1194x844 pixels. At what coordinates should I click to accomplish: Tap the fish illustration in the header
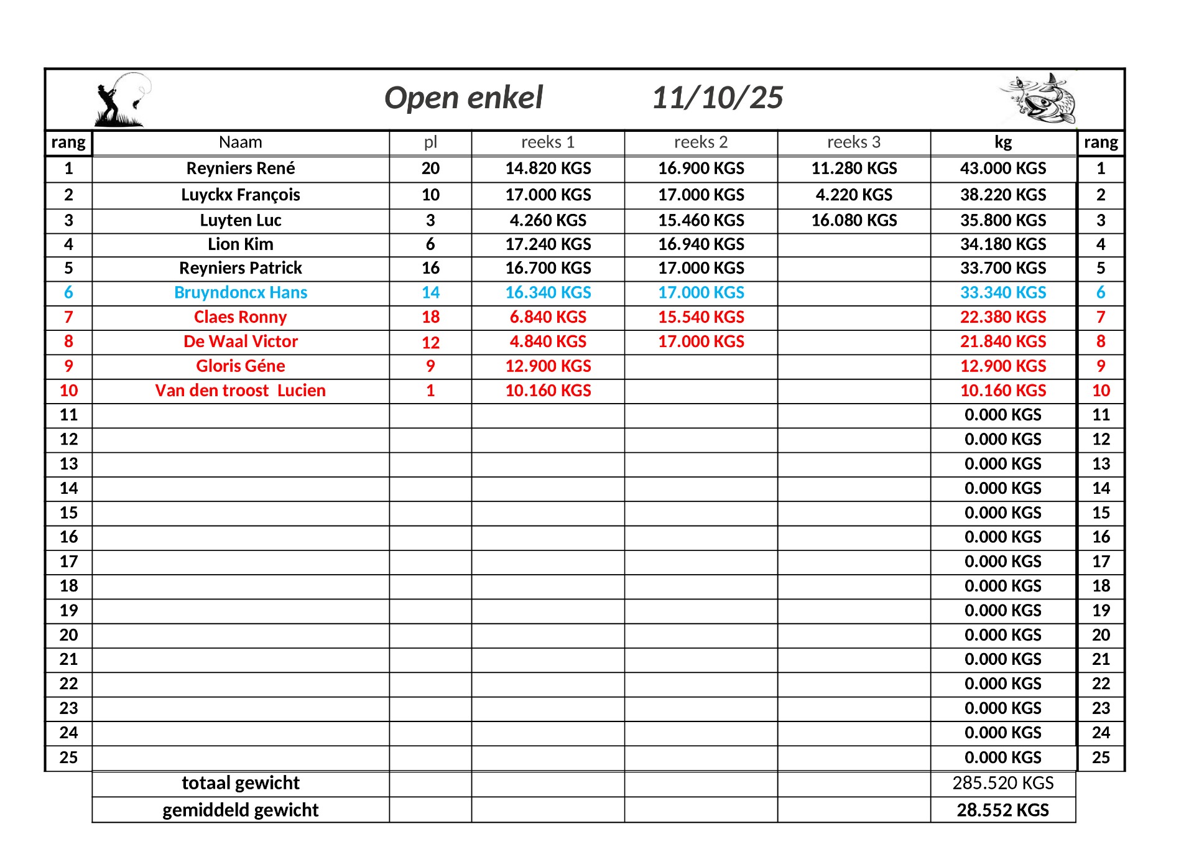[x=1038, y=99]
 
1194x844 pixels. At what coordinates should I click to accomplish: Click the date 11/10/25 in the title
[x=717, y=98]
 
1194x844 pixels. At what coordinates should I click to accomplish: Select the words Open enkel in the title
[x=463, y=98]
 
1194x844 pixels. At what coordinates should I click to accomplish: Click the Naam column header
[x=240, y=142]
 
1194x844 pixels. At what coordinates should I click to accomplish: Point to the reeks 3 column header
[x=853, y=142]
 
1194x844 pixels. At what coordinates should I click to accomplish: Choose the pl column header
[x=430, y=142]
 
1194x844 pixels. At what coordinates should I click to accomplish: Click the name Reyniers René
[x=240, y=169]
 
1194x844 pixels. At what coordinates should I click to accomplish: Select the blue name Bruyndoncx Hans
[x=240, y=293]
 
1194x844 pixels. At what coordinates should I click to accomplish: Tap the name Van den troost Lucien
[x=240, y=391]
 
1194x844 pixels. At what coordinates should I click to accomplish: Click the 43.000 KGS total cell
[x=1002, y=169]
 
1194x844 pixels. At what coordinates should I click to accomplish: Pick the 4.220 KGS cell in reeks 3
[x=853, y=195]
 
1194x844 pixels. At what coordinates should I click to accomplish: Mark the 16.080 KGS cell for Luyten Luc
[x=853, y=220]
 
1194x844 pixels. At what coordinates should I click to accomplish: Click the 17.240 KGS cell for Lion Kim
[x=548, y=244]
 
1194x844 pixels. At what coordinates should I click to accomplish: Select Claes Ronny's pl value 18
[x=430, y=317]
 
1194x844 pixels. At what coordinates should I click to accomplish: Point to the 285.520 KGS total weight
[x=1002, y=783]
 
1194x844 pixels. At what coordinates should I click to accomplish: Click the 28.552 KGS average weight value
[x=1002, y=810]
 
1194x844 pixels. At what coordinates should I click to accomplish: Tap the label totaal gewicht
[x=240, y=783]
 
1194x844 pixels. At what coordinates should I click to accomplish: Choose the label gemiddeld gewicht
[x=240, y=810]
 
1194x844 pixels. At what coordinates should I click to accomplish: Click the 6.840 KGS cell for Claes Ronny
[x=548, y=317]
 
